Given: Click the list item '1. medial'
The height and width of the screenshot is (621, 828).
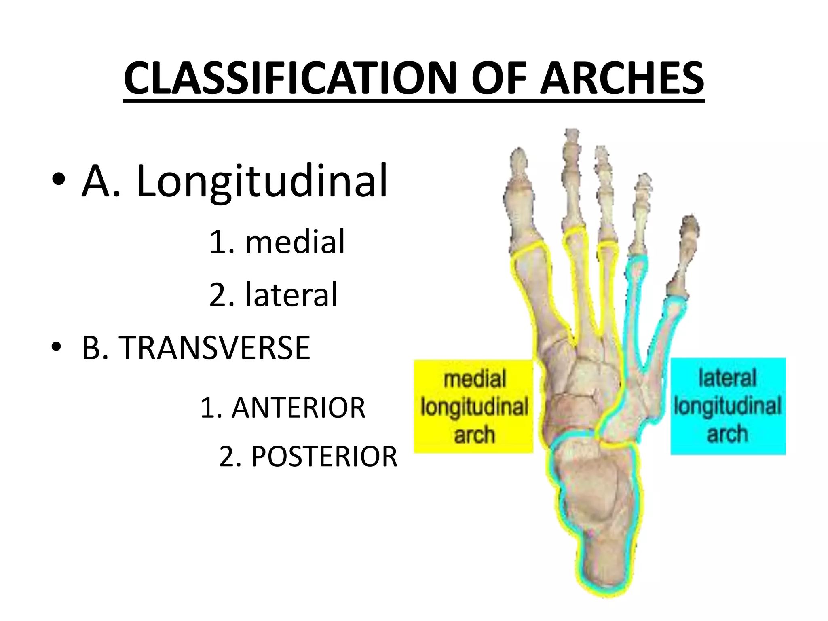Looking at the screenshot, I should click(x=277, y=242).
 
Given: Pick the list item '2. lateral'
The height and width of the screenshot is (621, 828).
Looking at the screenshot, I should click(x=273, y=295).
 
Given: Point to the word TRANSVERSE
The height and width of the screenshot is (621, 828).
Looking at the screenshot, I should click(x=214, y=348).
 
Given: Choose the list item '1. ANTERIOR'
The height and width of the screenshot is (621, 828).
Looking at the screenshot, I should click(x=283, y=408).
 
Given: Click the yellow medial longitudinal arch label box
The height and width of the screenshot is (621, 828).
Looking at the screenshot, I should click(x=473, y=406).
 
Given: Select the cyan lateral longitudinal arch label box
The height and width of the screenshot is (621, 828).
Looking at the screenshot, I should click(x=728, y=406).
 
